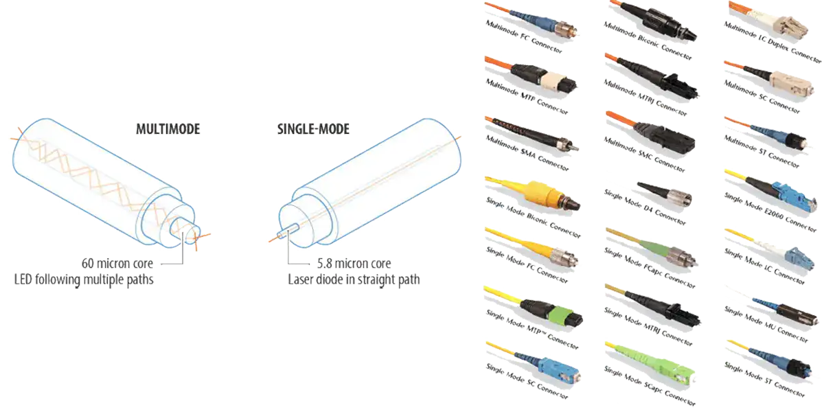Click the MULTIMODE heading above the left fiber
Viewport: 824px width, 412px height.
coord(168,128)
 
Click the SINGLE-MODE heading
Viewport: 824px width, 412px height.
coord(312,128)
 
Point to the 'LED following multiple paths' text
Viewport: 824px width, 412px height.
coord(83,279)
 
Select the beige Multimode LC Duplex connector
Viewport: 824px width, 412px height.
coord(787,27)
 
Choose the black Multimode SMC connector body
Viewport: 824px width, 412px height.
coord(669,135)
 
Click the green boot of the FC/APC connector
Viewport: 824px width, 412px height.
coord(652,249)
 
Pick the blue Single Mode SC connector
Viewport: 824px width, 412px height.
coord(560,367)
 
